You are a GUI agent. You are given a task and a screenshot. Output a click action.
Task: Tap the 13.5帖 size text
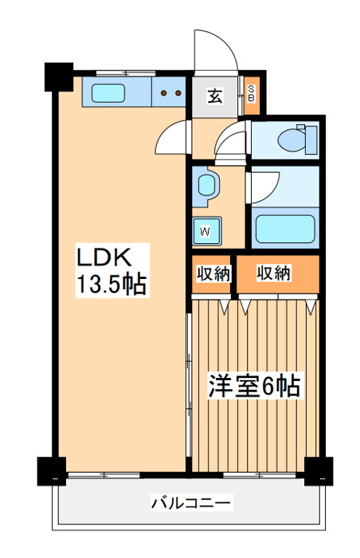[x=112, y=285]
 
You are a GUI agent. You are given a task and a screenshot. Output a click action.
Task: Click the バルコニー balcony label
[x=191, y=503]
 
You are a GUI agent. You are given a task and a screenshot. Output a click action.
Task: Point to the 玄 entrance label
[x=215, y=96]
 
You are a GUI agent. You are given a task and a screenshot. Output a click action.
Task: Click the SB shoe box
[x=251, y=96]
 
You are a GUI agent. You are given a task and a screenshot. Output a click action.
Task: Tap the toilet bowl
[x=294, y=139]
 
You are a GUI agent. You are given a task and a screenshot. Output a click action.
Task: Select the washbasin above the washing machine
[x=207, y=185]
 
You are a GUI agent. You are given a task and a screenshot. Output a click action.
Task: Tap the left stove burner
[x=164, y=92]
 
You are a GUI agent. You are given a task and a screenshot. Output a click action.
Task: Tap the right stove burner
[x=178, y=92]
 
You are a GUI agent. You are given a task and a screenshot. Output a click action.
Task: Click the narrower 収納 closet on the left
[x=213, y=273]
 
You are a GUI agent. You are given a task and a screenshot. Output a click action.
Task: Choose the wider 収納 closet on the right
[x=275, y=273]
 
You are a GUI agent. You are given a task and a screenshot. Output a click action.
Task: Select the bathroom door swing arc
[x=263, y=185]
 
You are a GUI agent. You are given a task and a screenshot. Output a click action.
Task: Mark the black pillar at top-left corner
[x=57, y=76]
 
